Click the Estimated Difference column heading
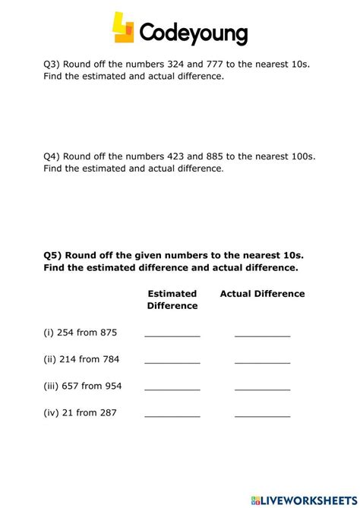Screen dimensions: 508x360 (172, 300)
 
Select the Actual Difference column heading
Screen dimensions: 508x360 (262, 294)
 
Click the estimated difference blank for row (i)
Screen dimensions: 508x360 (172, 333)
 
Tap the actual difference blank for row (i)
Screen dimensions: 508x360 (262, 333)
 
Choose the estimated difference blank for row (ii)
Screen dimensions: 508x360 (172, 361)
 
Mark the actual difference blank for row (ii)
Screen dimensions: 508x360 (262, 361)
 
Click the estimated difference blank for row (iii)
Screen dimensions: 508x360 (172, 388)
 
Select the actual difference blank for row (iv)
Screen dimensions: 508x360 (262, 415)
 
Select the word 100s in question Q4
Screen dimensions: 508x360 (303, 156)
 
